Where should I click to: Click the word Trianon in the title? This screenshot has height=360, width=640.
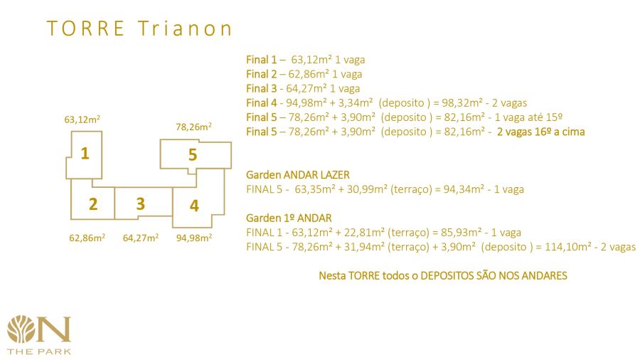point(185,28)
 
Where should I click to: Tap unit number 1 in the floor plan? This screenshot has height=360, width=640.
point(85,154)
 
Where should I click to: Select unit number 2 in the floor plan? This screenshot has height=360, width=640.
point(93,204)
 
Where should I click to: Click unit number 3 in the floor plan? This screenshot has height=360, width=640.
point(140,203)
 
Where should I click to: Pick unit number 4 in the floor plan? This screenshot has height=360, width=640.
point(194,206)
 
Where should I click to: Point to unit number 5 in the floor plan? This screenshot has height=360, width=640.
point(193,154)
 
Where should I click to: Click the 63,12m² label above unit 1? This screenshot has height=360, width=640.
point(82,120)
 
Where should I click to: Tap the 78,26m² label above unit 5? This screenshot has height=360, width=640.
point(194,127)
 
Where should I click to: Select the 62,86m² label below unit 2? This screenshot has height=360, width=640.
point(87,238)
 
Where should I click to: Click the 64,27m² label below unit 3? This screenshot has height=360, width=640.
point(141,238)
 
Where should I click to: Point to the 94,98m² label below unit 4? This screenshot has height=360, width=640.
point(194,238)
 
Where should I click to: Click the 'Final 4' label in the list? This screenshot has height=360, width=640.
point(262,103)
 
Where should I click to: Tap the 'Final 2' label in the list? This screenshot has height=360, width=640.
point(262,74)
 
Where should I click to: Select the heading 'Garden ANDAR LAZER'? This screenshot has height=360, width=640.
point(298,175)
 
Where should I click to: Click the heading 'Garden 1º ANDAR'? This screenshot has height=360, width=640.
point(289,218)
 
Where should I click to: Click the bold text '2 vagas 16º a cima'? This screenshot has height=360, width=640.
point(541,132)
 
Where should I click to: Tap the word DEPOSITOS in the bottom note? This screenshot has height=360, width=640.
point(447,276)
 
